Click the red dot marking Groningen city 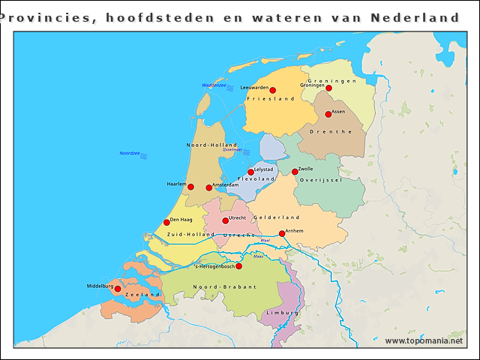click(x=328, y=88)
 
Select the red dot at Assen click(x=328, y=115)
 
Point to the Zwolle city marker click(x=295, y=172)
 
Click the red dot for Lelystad click(x=250, y=172)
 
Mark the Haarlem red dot click(x=190, y=187)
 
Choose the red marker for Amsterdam click(x=209, y=187)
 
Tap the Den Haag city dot click(x=166, y=222)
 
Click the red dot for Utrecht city click(x=225, y=220)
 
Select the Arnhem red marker click(x=282, y=233)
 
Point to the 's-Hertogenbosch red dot click(x=238, y=266)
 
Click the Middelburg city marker click(x=117, y=289)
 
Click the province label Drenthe click(x=335, y=131)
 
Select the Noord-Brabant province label click(x=224, y=287)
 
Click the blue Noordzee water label click(x=130, y=153)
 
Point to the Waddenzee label click(x=214, y=85)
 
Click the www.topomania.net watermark click(x=424, y=341)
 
